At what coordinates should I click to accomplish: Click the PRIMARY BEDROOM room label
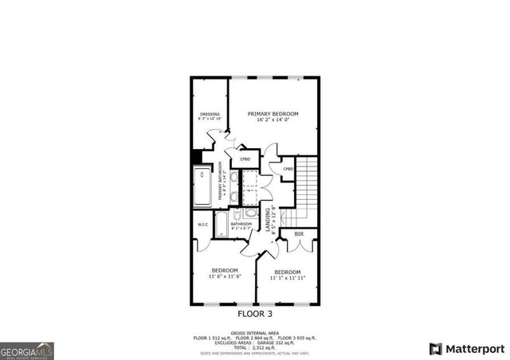click(x=267, y=114)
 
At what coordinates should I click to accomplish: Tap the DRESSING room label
click(x=210, y=114)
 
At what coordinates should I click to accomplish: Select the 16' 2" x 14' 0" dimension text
click(x=267, y=121)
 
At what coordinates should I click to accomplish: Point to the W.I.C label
click(x=203, y=224)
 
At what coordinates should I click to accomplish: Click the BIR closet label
click(x=299, y=234)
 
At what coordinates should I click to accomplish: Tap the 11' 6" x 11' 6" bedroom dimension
click(x=224, y=276)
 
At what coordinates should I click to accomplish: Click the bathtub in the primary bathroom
click(x=202, y=186)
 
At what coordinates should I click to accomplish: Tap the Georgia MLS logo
click(x=26, y=350)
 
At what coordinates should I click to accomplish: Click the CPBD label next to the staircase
click(x=288, y=169)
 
